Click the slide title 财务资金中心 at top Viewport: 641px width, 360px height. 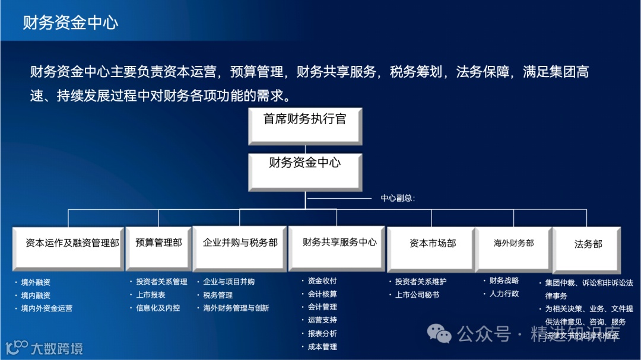pos(71,23)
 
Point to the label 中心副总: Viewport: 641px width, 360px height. pos(398,198)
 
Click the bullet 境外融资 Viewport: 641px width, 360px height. pos(36,282)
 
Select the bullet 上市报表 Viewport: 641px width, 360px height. pos(151,295)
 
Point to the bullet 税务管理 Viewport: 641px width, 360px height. pos(218,295)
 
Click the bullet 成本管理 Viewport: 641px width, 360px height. pos(322,346)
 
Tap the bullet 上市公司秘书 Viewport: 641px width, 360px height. pos(417,295)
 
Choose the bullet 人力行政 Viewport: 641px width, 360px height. pos(504,294)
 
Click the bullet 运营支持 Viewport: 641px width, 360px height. pos(322,320)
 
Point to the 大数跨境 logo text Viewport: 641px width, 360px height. pos(57,348)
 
